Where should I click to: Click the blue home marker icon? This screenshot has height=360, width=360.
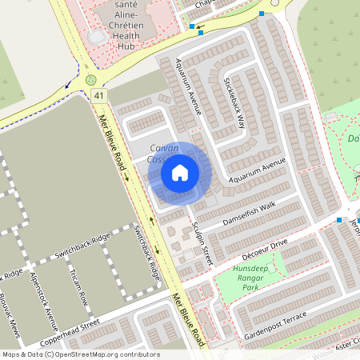180,173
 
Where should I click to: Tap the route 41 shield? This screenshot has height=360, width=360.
99,96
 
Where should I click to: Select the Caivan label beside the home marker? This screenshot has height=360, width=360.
164,148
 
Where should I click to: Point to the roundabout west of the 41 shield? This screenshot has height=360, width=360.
90,80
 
